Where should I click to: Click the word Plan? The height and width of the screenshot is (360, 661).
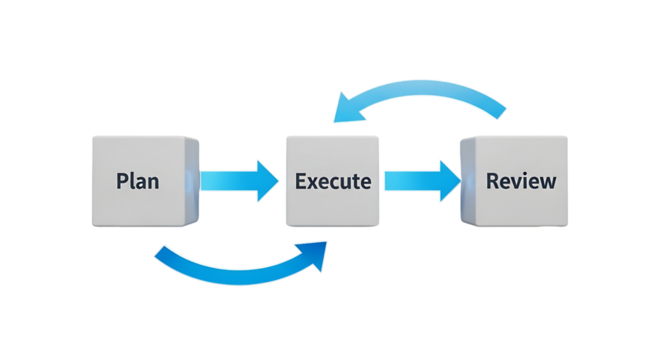[x=138, y=182]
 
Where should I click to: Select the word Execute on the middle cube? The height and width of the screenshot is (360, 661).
[x=333, y=182]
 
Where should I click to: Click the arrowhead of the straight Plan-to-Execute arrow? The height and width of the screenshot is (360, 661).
[x=268, y=180]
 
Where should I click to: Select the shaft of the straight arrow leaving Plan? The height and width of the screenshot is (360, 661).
[x=226, y=180]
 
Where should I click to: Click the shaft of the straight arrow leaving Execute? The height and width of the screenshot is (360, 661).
[x=406, y=181]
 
